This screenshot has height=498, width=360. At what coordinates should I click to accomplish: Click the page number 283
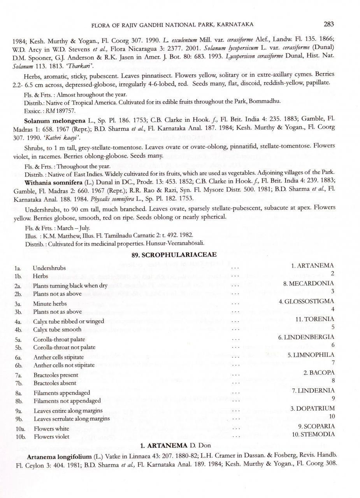click(328, 24)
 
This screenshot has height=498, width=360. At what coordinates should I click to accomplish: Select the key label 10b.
click(19, 437)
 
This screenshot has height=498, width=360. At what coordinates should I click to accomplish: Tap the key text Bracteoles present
click(56, 375)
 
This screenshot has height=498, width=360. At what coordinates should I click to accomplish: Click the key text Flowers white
click(51, 429)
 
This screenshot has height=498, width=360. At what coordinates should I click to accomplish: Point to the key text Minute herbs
click(49, 304)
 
